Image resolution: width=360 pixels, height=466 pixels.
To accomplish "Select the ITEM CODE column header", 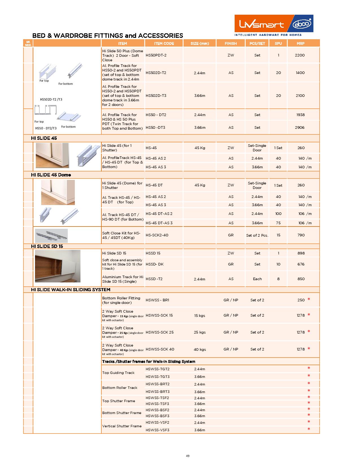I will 164,43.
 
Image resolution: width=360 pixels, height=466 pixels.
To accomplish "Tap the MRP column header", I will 300,43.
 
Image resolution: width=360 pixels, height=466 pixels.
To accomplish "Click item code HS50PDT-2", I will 156,55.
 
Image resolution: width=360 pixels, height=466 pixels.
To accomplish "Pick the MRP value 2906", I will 300,128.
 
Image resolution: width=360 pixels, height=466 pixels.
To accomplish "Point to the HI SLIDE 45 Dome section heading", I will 51,175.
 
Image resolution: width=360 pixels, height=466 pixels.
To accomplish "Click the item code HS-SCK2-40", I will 157,235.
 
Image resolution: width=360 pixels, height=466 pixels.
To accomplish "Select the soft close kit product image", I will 51,236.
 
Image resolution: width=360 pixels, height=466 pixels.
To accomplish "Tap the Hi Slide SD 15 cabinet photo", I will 58,266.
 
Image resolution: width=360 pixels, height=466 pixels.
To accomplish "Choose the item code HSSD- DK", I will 154,264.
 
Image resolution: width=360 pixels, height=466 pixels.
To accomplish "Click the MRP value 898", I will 301,253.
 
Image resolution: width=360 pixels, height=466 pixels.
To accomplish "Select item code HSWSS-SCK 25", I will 160,332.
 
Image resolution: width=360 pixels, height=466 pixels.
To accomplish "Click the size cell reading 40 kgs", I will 200,350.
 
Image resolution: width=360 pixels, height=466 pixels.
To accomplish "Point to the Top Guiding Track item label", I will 118,373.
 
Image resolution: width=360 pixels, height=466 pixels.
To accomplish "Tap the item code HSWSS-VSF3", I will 157,430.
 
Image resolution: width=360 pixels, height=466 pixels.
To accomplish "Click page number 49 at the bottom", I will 188,456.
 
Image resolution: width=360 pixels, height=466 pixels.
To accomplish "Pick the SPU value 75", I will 278,223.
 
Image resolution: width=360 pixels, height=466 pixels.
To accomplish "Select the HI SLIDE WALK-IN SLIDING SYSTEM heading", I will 71,290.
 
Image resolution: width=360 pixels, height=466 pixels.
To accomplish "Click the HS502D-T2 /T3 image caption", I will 51,99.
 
